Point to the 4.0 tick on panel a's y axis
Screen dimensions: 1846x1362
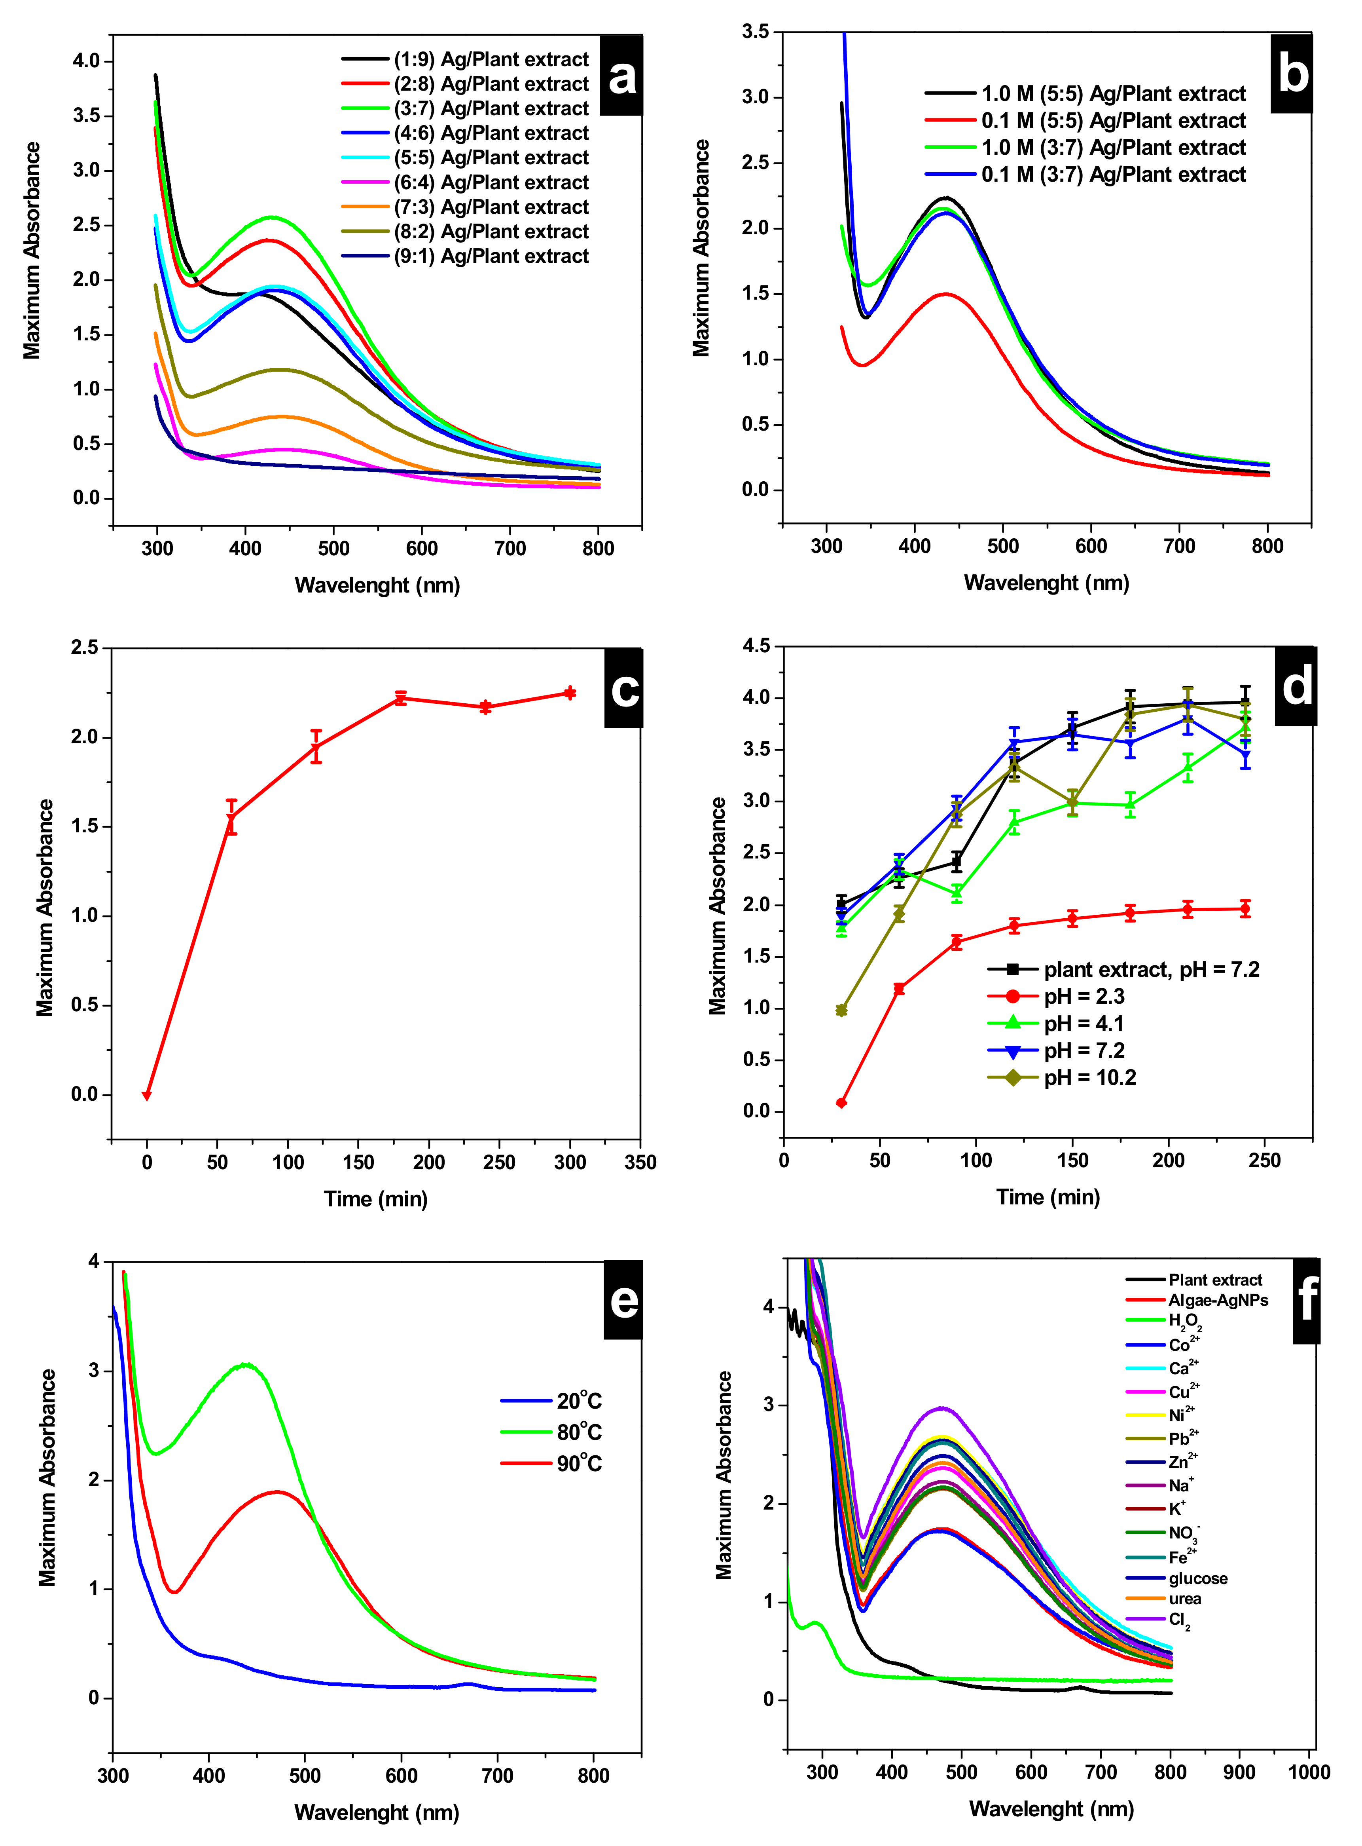click(x=86, y=61)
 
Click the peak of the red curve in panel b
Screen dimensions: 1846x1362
click(x=945, y=294)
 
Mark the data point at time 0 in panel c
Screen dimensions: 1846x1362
click(x=147, y=1096)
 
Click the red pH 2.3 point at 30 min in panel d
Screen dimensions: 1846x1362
click(x=841, y=1103)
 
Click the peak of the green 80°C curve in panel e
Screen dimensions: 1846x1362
click(x=245, y=1364)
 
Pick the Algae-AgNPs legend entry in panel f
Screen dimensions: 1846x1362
click(x=1217, y=1300)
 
